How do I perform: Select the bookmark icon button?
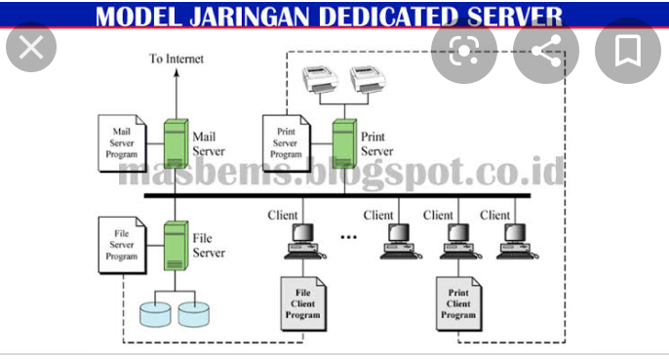click(x=626, y=48)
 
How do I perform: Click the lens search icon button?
click(x=467, y=48)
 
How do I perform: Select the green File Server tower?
click(x=176, y=244)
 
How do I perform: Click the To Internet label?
click(x=177, y=60)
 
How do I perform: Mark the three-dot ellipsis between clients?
click(x=349, y=237)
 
